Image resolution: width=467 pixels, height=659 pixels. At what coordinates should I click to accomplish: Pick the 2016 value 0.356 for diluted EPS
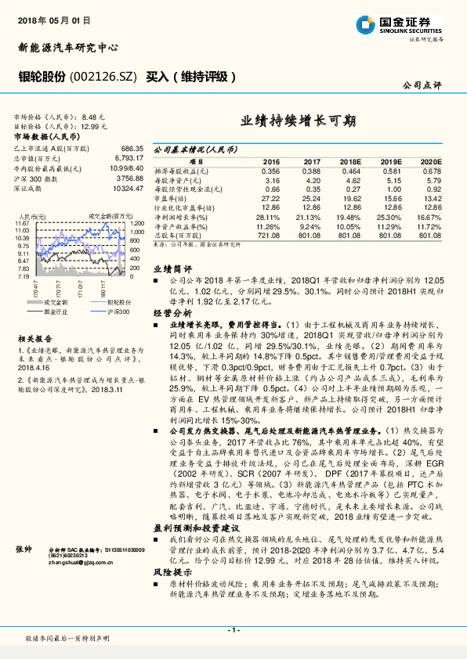point(270,170)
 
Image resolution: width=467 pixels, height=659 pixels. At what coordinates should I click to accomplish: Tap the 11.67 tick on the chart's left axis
point(23,224)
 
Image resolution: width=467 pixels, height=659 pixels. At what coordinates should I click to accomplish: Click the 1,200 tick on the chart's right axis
point(137,223)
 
